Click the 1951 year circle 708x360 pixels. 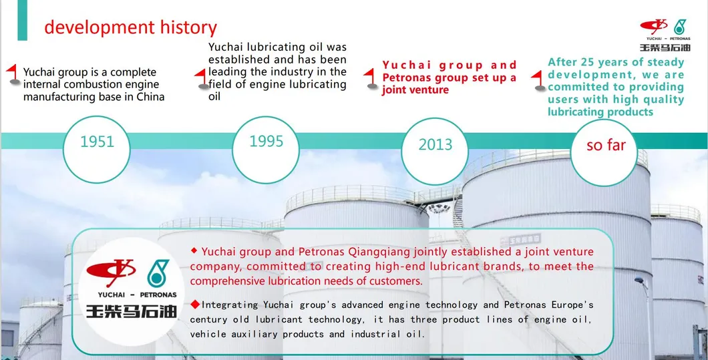pos(98,142)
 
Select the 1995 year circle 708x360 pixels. pos(266,142)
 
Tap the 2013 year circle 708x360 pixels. pos(435,144)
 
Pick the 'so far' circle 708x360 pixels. pos(605,145)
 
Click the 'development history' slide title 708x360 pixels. pos(130,27)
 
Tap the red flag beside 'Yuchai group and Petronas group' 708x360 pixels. pos(372,77)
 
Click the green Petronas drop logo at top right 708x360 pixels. pos(679,27)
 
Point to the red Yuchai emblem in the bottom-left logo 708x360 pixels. pos(111,271)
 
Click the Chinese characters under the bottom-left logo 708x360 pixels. pos(131,311)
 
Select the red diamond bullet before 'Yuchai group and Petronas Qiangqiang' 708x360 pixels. pos(194,250)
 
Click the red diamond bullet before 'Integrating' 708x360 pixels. pos(195,305)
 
